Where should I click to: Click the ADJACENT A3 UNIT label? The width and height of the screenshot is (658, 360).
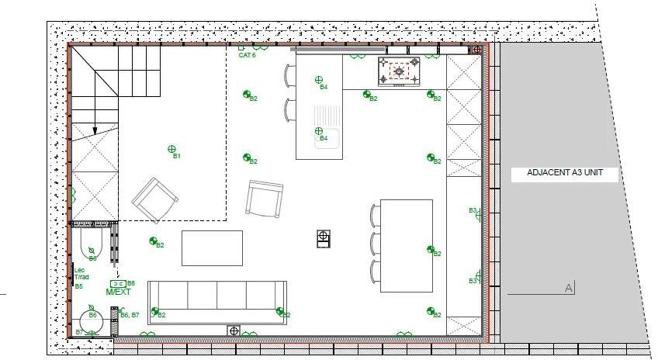(x=564, y=175)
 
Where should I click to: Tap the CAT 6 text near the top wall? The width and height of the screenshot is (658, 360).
(x=247, y=55)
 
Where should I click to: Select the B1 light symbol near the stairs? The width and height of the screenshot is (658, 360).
(x=172, y=149)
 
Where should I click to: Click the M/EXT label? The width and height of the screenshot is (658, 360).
(x=119, y=292)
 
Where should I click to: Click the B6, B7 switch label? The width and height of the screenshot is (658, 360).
(x=130, y=315)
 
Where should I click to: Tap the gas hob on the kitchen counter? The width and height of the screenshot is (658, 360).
(x=399, y=71)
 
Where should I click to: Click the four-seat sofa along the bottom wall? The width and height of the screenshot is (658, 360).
(x=217, y=302)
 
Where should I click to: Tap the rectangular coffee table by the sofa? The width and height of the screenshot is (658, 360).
(x=212, y=247)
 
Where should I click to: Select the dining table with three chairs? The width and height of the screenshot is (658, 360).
(x=406, y=245)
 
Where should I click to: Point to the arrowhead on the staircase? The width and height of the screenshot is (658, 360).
(x=94, y=131)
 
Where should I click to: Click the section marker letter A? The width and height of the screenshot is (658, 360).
(x=569, y=289)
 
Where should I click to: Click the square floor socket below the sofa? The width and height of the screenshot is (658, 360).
(x=234, y=331)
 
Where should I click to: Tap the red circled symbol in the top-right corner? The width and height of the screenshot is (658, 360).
(x=477, y=50)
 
